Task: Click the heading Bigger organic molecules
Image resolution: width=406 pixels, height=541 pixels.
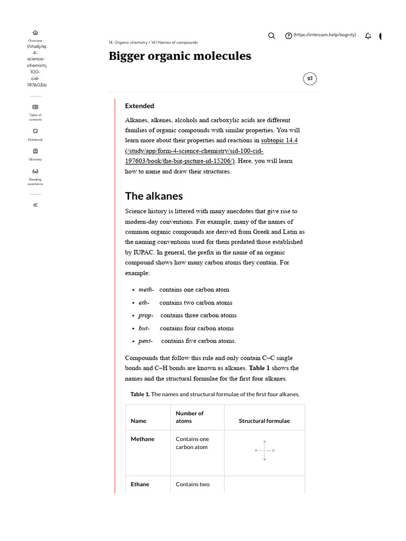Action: [180, 56]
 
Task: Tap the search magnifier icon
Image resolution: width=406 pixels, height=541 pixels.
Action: [272, 36]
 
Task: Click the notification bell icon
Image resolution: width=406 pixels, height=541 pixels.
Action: [368, 36]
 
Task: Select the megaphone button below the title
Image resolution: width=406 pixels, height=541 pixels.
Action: [310, 79]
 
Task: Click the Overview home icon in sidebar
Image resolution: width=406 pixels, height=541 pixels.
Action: [35, 33]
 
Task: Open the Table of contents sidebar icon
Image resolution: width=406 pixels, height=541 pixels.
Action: [35, 107]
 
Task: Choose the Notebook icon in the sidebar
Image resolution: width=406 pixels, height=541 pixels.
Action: [35, 131]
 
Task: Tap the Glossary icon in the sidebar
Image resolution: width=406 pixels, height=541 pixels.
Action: [35, 151]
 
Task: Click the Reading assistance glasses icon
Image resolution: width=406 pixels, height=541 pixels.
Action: [35, 171]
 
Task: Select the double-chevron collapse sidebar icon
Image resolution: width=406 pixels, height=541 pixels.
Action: [35, 205]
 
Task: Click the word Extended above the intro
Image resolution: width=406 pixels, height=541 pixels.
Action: [140, 106]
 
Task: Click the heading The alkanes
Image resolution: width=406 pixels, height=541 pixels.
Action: [154, 196]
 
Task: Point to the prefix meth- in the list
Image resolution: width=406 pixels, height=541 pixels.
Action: [146, 290]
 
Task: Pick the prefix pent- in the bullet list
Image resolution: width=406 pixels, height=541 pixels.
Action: [146, 341]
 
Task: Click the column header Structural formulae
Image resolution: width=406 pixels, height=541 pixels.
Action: [264, 421]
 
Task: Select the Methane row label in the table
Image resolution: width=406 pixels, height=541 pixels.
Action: [143, 439]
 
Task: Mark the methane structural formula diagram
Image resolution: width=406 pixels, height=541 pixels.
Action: [264, 451]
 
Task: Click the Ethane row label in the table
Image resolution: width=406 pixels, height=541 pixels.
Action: [140, 484]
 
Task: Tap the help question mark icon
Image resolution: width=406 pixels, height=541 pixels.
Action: [288, 36]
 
